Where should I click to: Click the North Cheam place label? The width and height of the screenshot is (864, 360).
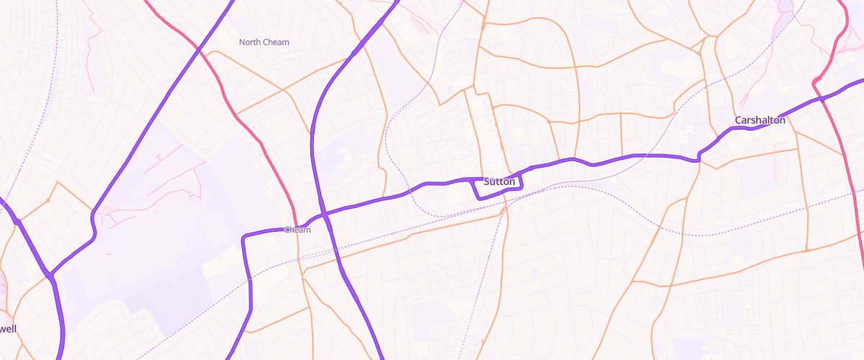pyautogui.click(x=264, y=42)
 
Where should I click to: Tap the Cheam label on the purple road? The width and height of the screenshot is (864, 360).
pyautogui.click(x=297, y=230)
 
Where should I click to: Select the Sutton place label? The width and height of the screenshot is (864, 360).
pyautogui.click(x=500, y=181)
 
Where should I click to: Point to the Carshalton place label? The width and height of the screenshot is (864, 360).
pyautogui.click(x=760, y=120)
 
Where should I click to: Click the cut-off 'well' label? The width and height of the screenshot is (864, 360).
pyautogui.click(x=8, y=328)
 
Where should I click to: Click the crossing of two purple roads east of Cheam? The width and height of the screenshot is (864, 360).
pyautogui.click(x=325, y=214)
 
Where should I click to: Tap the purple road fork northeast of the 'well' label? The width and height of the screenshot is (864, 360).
pyautogui.click(x=50, y=275)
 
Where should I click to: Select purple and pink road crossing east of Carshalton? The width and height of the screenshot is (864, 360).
pyautogui.click(x=821, y=99)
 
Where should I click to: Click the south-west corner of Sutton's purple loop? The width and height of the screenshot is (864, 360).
pyautogui.click(x=479, y=197)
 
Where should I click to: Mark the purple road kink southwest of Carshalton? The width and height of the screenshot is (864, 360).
pyautogui.click(x=699, y=157)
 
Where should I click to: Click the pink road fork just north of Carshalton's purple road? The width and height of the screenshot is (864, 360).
pyautogui.click(x=814, y=81)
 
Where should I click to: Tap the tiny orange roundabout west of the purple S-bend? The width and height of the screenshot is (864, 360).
pyautogui.click(x=48, y=199)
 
